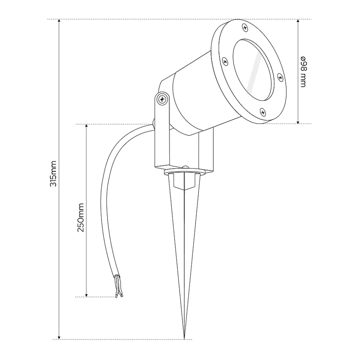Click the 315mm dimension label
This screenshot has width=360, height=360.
(53, 174)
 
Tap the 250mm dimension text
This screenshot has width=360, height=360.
(81, 218)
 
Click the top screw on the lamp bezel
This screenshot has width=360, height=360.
(245, 28)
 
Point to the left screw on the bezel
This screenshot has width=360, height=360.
(225, 62)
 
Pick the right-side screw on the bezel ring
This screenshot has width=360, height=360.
(280, 77)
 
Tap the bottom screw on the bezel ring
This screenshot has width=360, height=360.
(263, 112)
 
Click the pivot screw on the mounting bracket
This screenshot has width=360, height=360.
(162, 99)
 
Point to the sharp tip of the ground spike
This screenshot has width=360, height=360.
(184, 338)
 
